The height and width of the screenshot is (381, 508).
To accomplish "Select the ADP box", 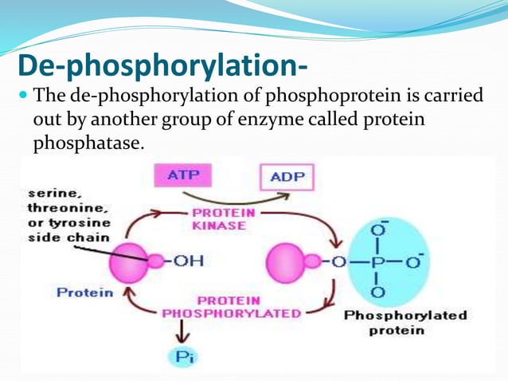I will point(287,175).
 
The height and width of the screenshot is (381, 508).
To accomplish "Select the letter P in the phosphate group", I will point(379,261).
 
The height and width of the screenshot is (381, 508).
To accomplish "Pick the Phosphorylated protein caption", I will point(405,322).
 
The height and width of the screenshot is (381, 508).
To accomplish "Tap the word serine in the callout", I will point(49,193).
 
